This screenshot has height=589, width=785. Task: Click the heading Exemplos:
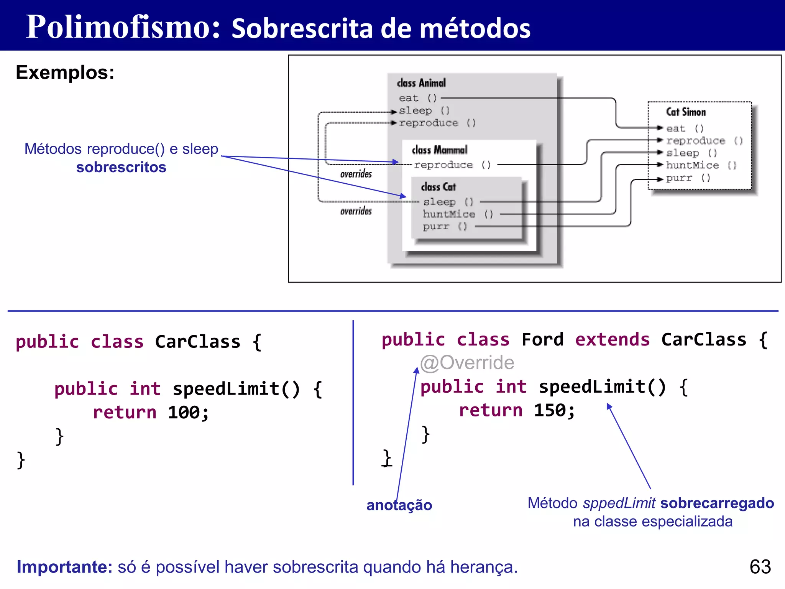click(x=65, y=72)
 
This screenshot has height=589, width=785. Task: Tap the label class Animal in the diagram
click(x=421, y=83)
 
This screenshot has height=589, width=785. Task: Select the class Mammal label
click(x=440, y=150)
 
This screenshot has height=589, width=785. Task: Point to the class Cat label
click(x=438, y=187)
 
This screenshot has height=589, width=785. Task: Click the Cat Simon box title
click(x=686, y=112)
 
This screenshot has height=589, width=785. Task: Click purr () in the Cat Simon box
click(x=688, y=178)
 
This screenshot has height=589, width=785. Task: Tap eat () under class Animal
click(x=417, y=98)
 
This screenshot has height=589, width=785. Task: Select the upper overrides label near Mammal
click(x=356, y=174)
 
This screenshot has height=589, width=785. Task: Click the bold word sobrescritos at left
click(x=121, y=167)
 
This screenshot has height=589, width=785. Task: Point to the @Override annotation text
click(x=467, y=362)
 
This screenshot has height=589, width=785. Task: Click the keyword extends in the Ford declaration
click(x=612, y=340)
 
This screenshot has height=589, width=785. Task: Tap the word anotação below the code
click(x=399, y=505)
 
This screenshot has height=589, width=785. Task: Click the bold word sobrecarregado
click(x=717, y=503)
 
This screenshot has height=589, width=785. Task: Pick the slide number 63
click(x=760, y=566)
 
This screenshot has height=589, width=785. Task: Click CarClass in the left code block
click(x=197, y=342)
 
